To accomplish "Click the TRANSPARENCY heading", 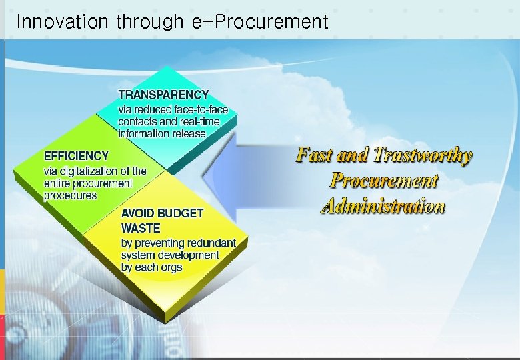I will click(163, 95).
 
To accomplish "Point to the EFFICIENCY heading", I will click(76, 155).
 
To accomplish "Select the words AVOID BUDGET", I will click(162, 213).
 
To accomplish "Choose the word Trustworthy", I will click(423, 155).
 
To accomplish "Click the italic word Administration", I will click(383, 206).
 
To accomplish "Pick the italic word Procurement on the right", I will click(384, 181).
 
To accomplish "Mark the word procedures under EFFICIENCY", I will click(70, 195).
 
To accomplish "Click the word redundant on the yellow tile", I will click(212, 243).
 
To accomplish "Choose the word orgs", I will click(171, 267).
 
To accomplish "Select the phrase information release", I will click(162, 133).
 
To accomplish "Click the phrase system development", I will click(170, 255).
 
